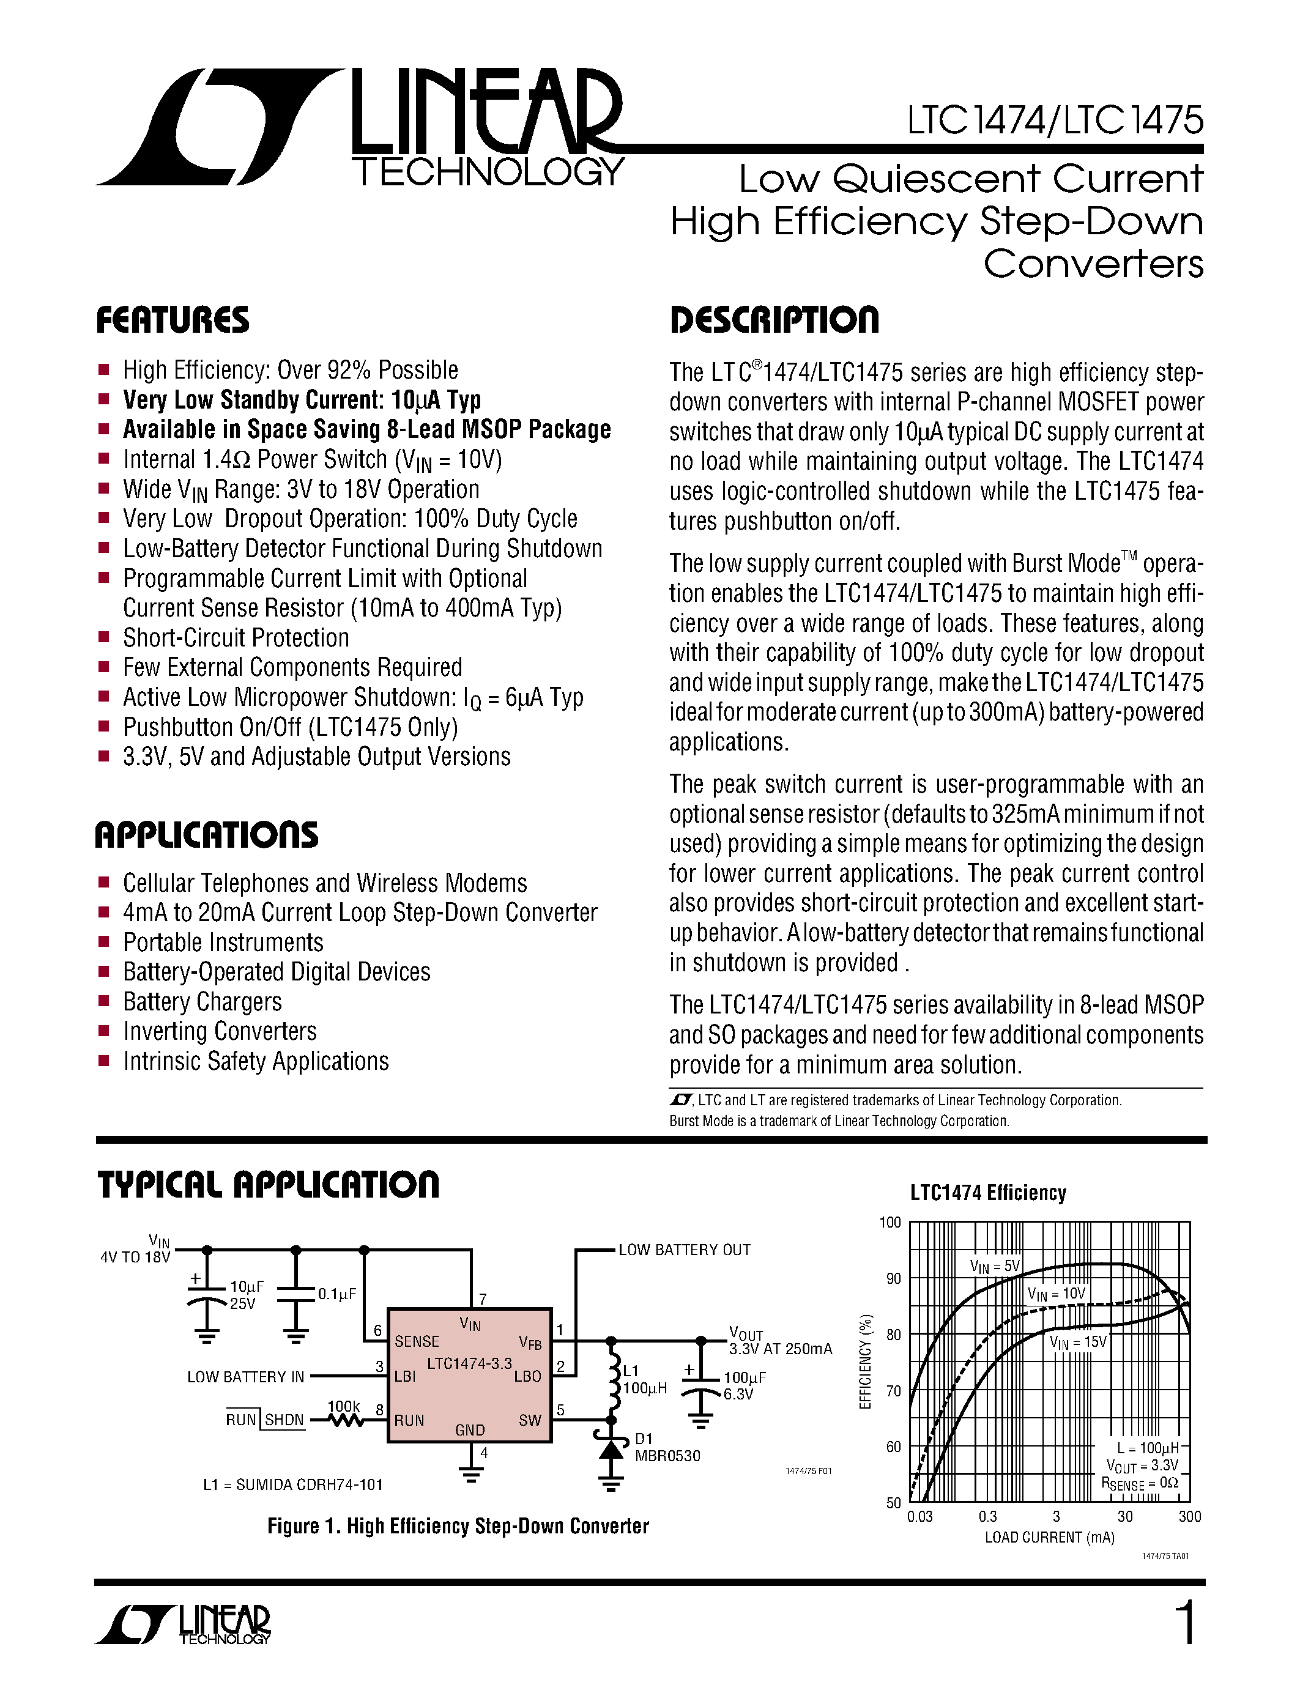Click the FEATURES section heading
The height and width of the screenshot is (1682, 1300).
pos(173,320)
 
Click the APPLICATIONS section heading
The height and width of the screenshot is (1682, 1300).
pos(206,835)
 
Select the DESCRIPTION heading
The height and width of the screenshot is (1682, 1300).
pos(774,320)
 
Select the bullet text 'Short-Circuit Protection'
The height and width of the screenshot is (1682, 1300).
pos(236,639)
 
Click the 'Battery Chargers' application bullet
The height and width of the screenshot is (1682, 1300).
pos(202,1002)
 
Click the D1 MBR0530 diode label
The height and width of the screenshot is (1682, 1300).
pos(666,1447)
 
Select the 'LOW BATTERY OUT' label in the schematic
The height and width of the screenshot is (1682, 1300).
pos(684,1250)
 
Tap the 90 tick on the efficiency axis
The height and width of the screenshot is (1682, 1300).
pos(893,1278)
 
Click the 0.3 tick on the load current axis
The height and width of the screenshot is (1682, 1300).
pos(987,1516)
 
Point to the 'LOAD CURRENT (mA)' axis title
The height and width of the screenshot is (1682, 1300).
pos(1049,1537)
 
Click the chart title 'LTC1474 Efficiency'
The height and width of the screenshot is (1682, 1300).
pos(988,1193)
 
